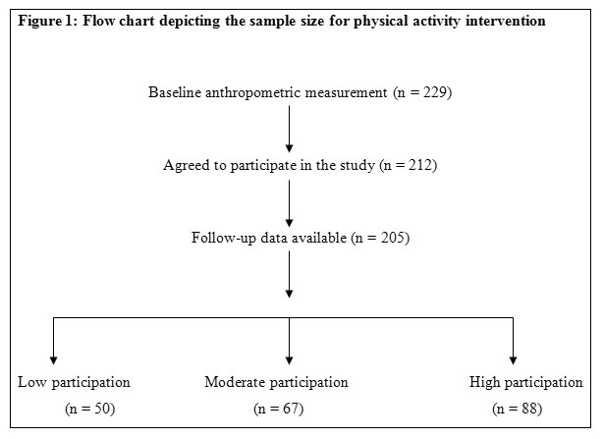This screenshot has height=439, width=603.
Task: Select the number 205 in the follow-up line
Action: (x=393, y=238)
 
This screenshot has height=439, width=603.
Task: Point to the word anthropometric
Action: (x=252, y=93)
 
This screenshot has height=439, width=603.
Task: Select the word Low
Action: (x=32, y=382)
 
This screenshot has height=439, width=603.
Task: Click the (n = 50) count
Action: (x=90, y=409)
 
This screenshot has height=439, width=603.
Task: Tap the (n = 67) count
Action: (x=279, y=409)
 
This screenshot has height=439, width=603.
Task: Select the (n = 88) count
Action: (x=518, y=409)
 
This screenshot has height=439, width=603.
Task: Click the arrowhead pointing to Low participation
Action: (x=53, y=360)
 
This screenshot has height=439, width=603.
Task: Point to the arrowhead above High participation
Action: (x=513, y=360)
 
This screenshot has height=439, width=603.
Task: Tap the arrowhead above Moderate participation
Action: (x=289, y=360)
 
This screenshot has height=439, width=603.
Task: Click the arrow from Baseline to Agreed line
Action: (x=289, y=130)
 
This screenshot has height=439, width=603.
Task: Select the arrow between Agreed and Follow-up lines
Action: (x=289, y=203)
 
